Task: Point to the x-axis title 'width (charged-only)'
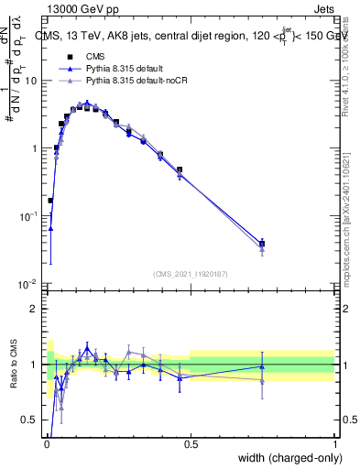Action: coord(285,459)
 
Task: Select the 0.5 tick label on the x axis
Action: coord(191,443)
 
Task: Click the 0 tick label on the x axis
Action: coord(47,443)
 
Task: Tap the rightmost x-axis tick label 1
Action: coord(334,443)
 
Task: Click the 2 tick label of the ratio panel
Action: coord(35,309)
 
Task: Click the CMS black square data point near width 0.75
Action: coord(262,244)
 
